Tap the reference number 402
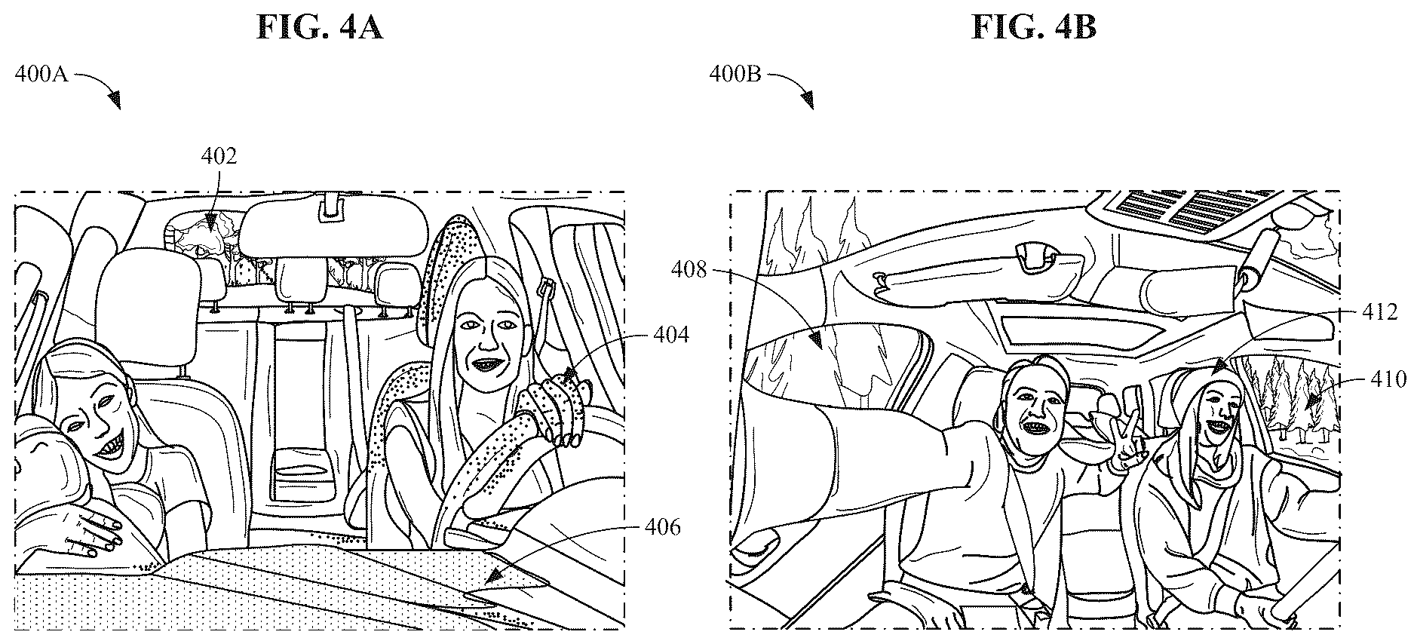[219, 156]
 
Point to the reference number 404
[670, 333]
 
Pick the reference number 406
[662, 527]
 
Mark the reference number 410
[1388, 379]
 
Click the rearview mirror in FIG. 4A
[333, 228]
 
